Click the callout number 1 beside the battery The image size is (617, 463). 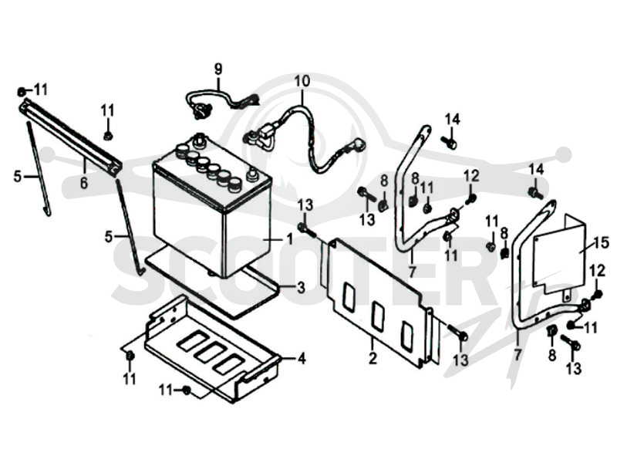(x=290, y=238)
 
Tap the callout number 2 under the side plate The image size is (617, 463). (x=373, y=358)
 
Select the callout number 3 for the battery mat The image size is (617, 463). (x=301, y=288)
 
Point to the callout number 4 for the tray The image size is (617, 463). (x=302, y=359)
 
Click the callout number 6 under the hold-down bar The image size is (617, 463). (x=84, y=182)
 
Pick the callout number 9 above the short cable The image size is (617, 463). (x=218, y=69)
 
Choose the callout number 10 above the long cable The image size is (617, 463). (x=302, y=82)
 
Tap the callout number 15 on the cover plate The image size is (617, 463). (x=602, y=242)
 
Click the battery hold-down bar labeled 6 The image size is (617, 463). (x=71, y=136)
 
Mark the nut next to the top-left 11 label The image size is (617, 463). (x=22, y=92)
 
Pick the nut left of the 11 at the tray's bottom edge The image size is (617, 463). (x=186, y=390)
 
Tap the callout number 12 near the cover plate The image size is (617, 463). (x=597, y=272)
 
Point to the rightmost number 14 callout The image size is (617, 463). (x=536, y=170)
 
